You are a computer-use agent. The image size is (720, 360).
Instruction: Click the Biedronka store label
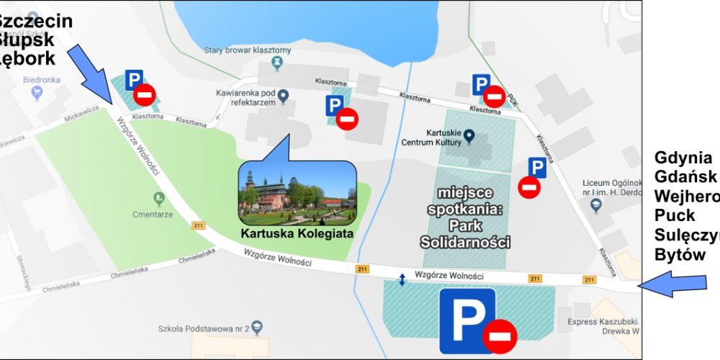coord(41,80)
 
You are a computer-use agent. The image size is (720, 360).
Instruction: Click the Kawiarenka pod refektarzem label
coord(246,97)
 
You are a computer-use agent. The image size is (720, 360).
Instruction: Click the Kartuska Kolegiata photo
coord(297,189)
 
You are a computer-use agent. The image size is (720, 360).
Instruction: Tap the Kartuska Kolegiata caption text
coord(297,233)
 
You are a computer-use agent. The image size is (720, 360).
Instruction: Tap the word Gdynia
coord(683,158)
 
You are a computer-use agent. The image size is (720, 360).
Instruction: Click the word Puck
coord(675,215)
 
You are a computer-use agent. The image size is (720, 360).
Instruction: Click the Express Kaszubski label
coord(603,322)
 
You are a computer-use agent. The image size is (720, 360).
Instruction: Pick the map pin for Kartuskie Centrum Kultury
coord(469,135)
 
